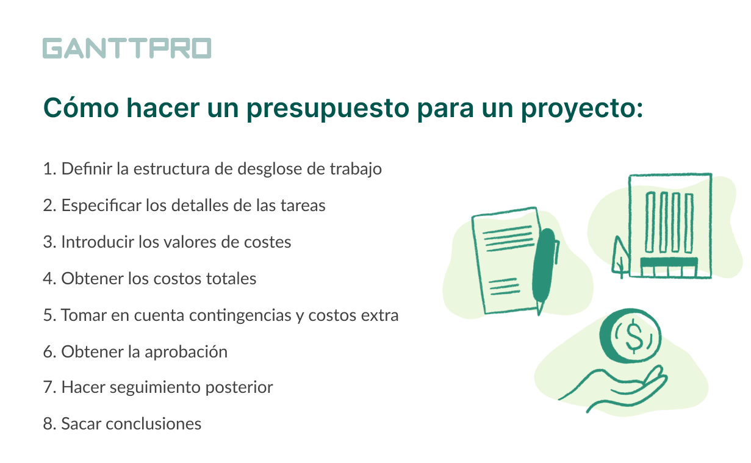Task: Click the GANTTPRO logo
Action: coord(127,48)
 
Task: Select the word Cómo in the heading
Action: coord(81,107)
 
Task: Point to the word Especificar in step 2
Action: coord(101,206)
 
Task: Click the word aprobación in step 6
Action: coord(186,353)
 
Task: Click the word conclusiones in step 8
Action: coord(154,424)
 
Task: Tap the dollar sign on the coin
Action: coord(633,336)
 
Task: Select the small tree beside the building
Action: coord(620,257)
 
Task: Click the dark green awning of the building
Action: coord(669,262)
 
